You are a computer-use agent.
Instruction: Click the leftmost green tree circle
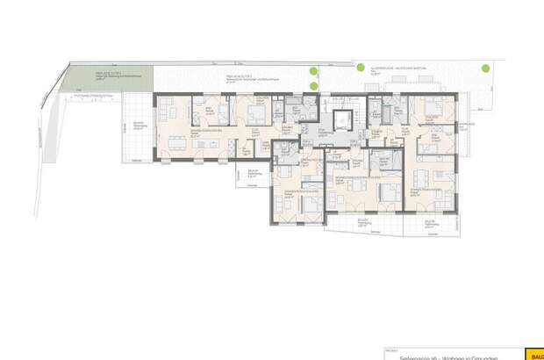coord(313,73)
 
